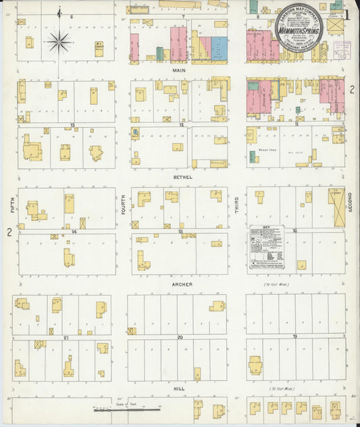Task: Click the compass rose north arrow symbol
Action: click(59, 42)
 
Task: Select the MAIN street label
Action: click(180, 70)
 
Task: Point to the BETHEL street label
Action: click(182, 177)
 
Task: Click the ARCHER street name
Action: click(182, 284)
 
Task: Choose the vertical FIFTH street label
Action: click(12, 205)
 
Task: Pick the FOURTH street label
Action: click(123, 205)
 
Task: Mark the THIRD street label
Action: click(237, 205)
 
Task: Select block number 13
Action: click(72, 125)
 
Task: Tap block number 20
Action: click(180, 336)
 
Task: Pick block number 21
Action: click(66, 336)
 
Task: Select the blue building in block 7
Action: click(220, 49)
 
